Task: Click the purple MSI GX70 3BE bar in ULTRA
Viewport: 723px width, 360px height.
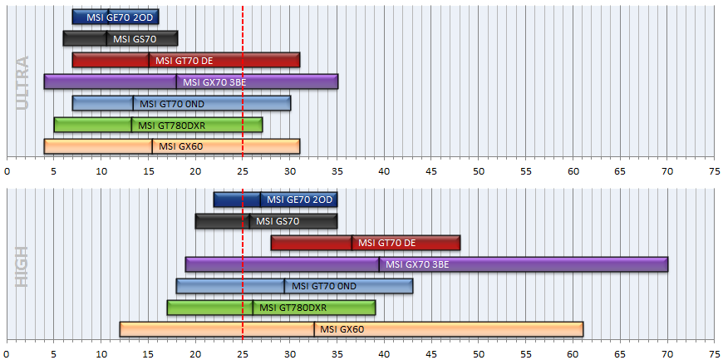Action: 191,81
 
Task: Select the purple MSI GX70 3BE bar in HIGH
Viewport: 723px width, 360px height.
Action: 426,264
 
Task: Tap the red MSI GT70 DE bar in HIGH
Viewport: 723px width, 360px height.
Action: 366,243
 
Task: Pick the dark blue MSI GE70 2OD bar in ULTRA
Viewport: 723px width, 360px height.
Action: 116,17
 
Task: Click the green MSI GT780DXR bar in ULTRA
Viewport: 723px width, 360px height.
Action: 158,125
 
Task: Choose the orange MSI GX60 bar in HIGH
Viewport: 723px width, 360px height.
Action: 352,329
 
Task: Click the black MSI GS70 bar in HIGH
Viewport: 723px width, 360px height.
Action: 267,221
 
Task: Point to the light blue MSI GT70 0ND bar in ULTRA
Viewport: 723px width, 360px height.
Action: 182,103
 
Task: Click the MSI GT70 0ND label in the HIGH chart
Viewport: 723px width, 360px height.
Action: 324,286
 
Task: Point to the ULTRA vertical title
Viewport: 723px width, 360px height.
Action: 22,83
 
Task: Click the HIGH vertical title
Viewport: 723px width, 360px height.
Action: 22,266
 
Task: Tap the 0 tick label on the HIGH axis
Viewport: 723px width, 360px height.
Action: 7,355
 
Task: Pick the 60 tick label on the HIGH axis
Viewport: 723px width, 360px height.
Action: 573,355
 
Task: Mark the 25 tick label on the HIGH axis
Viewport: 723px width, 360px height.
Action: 243,355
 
